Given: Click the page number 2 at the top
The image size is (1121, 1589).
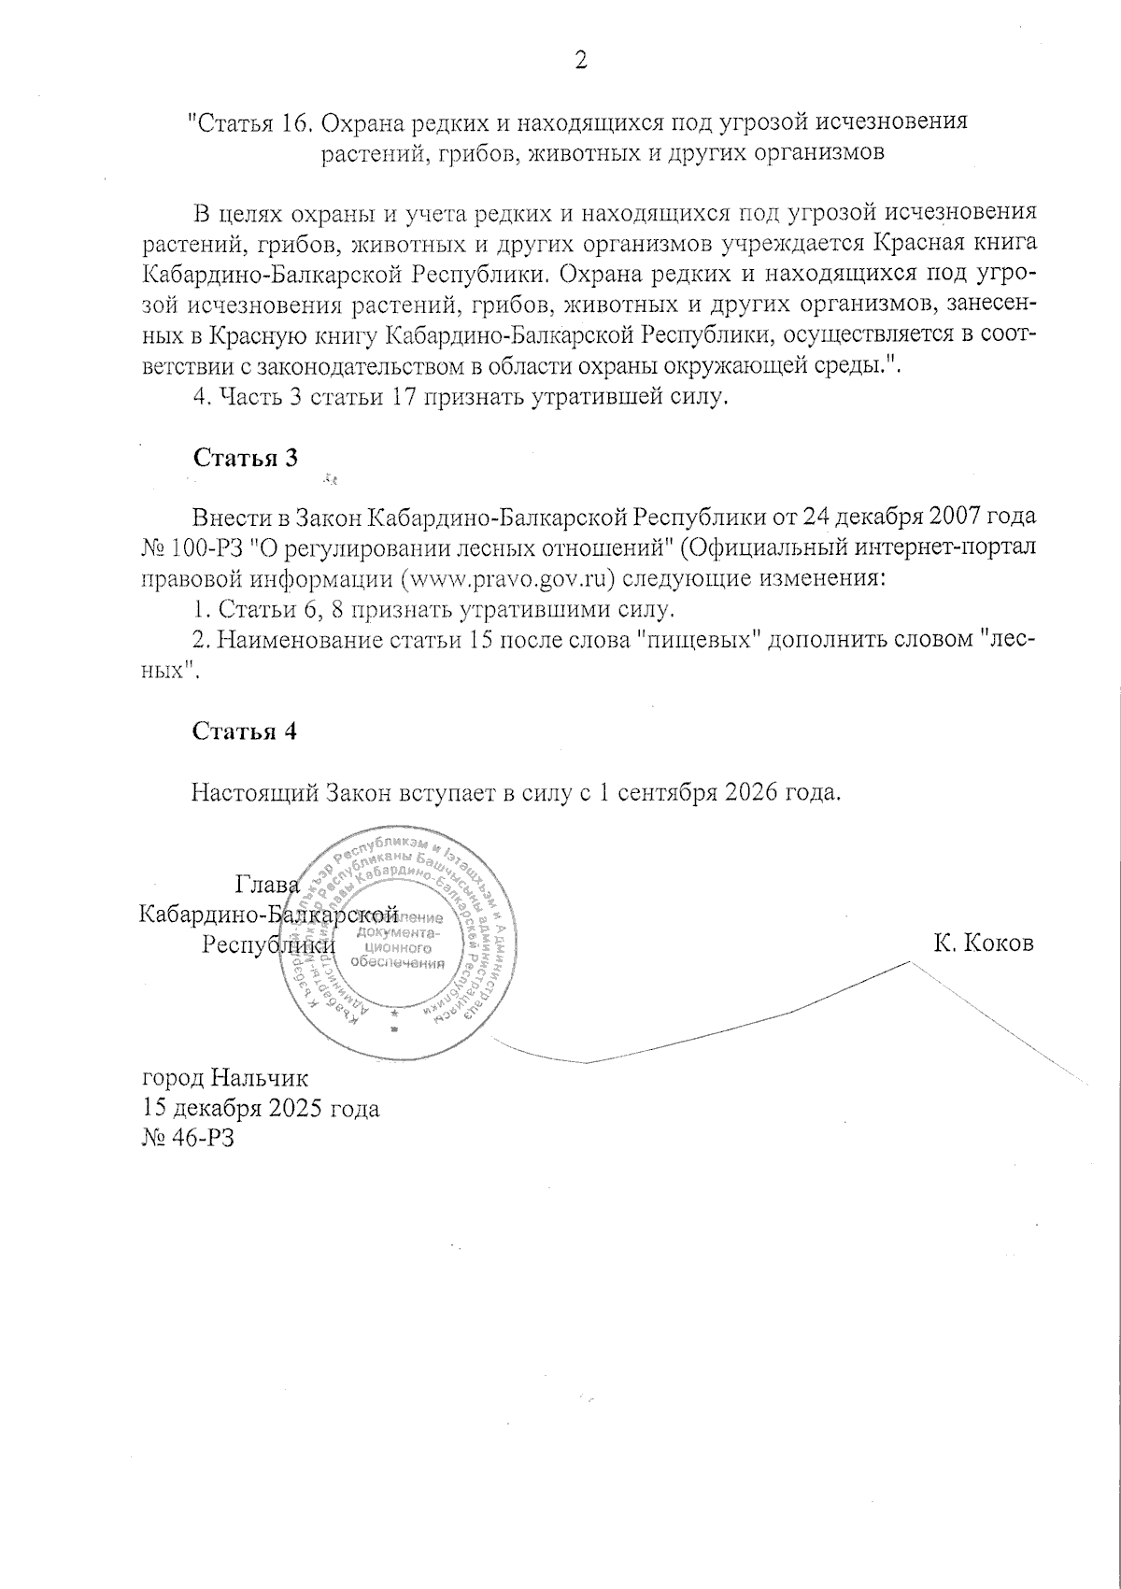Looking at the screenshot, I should click(580, 61).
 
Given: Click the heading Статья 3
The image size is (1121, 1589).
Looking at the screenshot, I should click(245, 458).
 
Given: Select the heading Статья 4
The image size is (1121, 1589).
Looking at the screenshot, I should click(245, 731).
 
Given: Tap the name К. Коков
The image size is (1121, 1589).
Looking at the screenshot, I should click(983, 943).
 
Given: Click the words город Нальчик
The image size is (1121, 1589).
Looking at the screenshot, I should click(223, 1079).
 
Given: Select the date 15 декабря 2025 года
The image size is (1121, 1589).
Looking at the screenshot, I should click(260, 1109).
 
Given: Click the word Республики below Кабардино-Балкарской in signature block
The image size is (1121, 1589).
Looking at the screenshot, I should click(268, 943).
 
